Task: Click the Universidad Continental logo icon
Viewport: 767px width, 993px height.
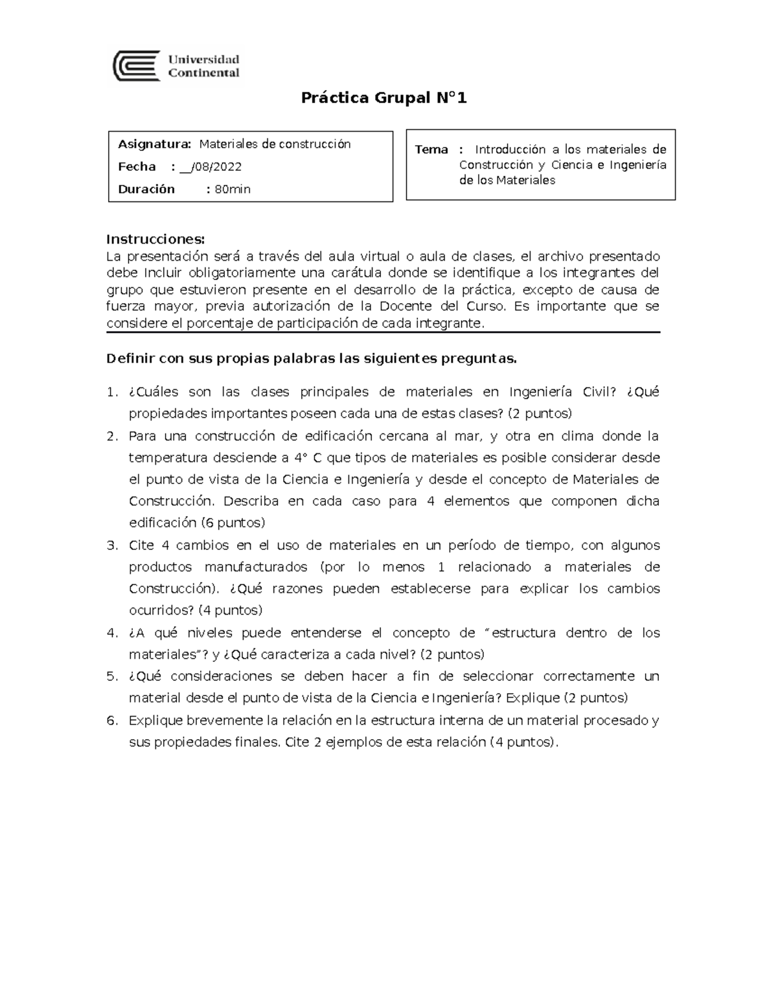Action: click(136, 66)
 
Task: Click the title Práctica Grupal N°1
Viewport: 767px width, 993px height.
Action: click(384, 98)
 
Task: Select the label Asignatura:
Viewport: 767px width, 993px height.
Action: click(154, 144)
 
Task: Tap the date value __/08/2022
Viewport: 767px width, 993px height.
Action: click(210, 167)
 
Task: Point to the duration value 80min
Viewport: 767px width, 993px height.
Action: click(233, 189)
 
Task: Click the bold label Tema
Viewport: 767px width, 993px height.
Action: click(431, 150)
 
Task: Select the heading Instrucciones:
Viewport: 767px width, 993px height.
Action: click(155, 239)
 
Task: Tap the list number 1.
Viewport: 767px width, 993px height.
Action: click(112, 392)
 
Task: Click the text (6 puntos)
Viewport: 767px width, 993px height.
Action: click(233, 522)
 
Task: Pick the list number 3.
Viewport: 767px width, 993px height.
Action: click(112, 545)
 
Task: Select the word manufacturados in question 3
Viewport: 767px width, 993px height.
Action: click(256, 567)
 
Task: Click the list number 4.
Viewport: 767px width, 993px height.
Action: click(112, 633)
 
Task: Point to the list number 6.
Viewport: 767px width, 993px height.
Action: click(112, 721)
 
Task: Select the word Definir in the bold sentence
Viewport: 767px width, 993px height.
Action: click(130, 358)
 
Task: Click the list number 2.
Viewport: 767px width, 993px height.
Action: click(112, 436)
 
